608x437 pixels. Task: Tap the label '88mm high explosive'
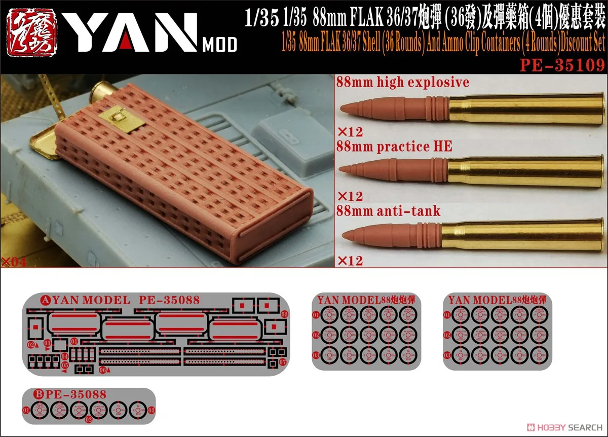pyautogui.click(x=403, y=83)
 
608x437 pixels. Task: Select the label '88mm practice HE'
pyautogui.click(x=394, y=147)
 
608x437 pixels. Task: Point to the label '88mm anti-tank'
pyautogui.click(x=388, y=211)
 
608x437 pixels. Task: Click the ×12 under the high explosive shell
pyautogui.click(x=350, y=132)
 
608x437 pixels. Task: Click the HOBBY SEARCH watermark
pyautogui.click(x=563, y=427)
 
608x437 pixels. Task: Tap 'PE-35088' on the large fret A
pyautogui.click(x=169, y=300)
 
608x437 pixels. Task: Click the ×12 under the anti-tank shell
pyautogui.click(x=350, y=261)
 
